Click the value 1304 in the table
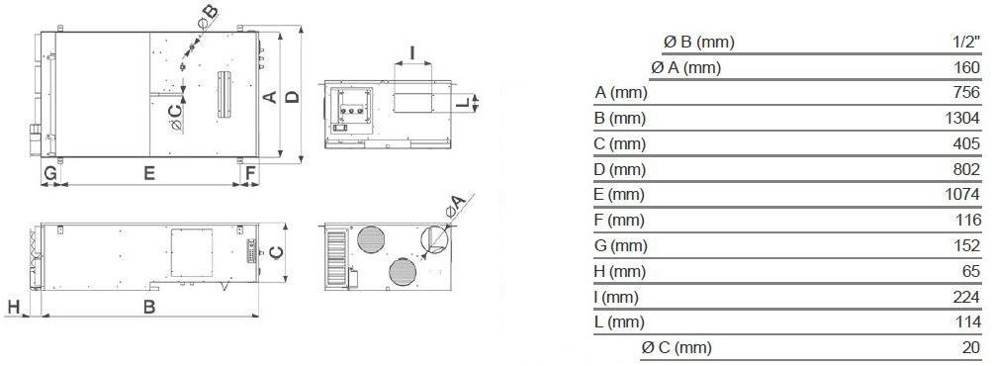[x=962, y=119]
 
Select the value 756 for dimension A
[x=967, y=93]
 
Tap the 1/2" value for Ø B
[x=966, y=43]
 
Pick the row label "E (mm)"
[x=619, y=195]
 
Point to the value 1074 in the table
[x=962, y=195]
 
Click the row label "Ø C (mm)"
[x=676, y=347]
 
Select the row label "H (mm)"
[x=620, y=272]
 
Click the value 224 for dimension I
[x=967, y=297]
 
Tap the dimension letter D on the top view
[x=292, y=97]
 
